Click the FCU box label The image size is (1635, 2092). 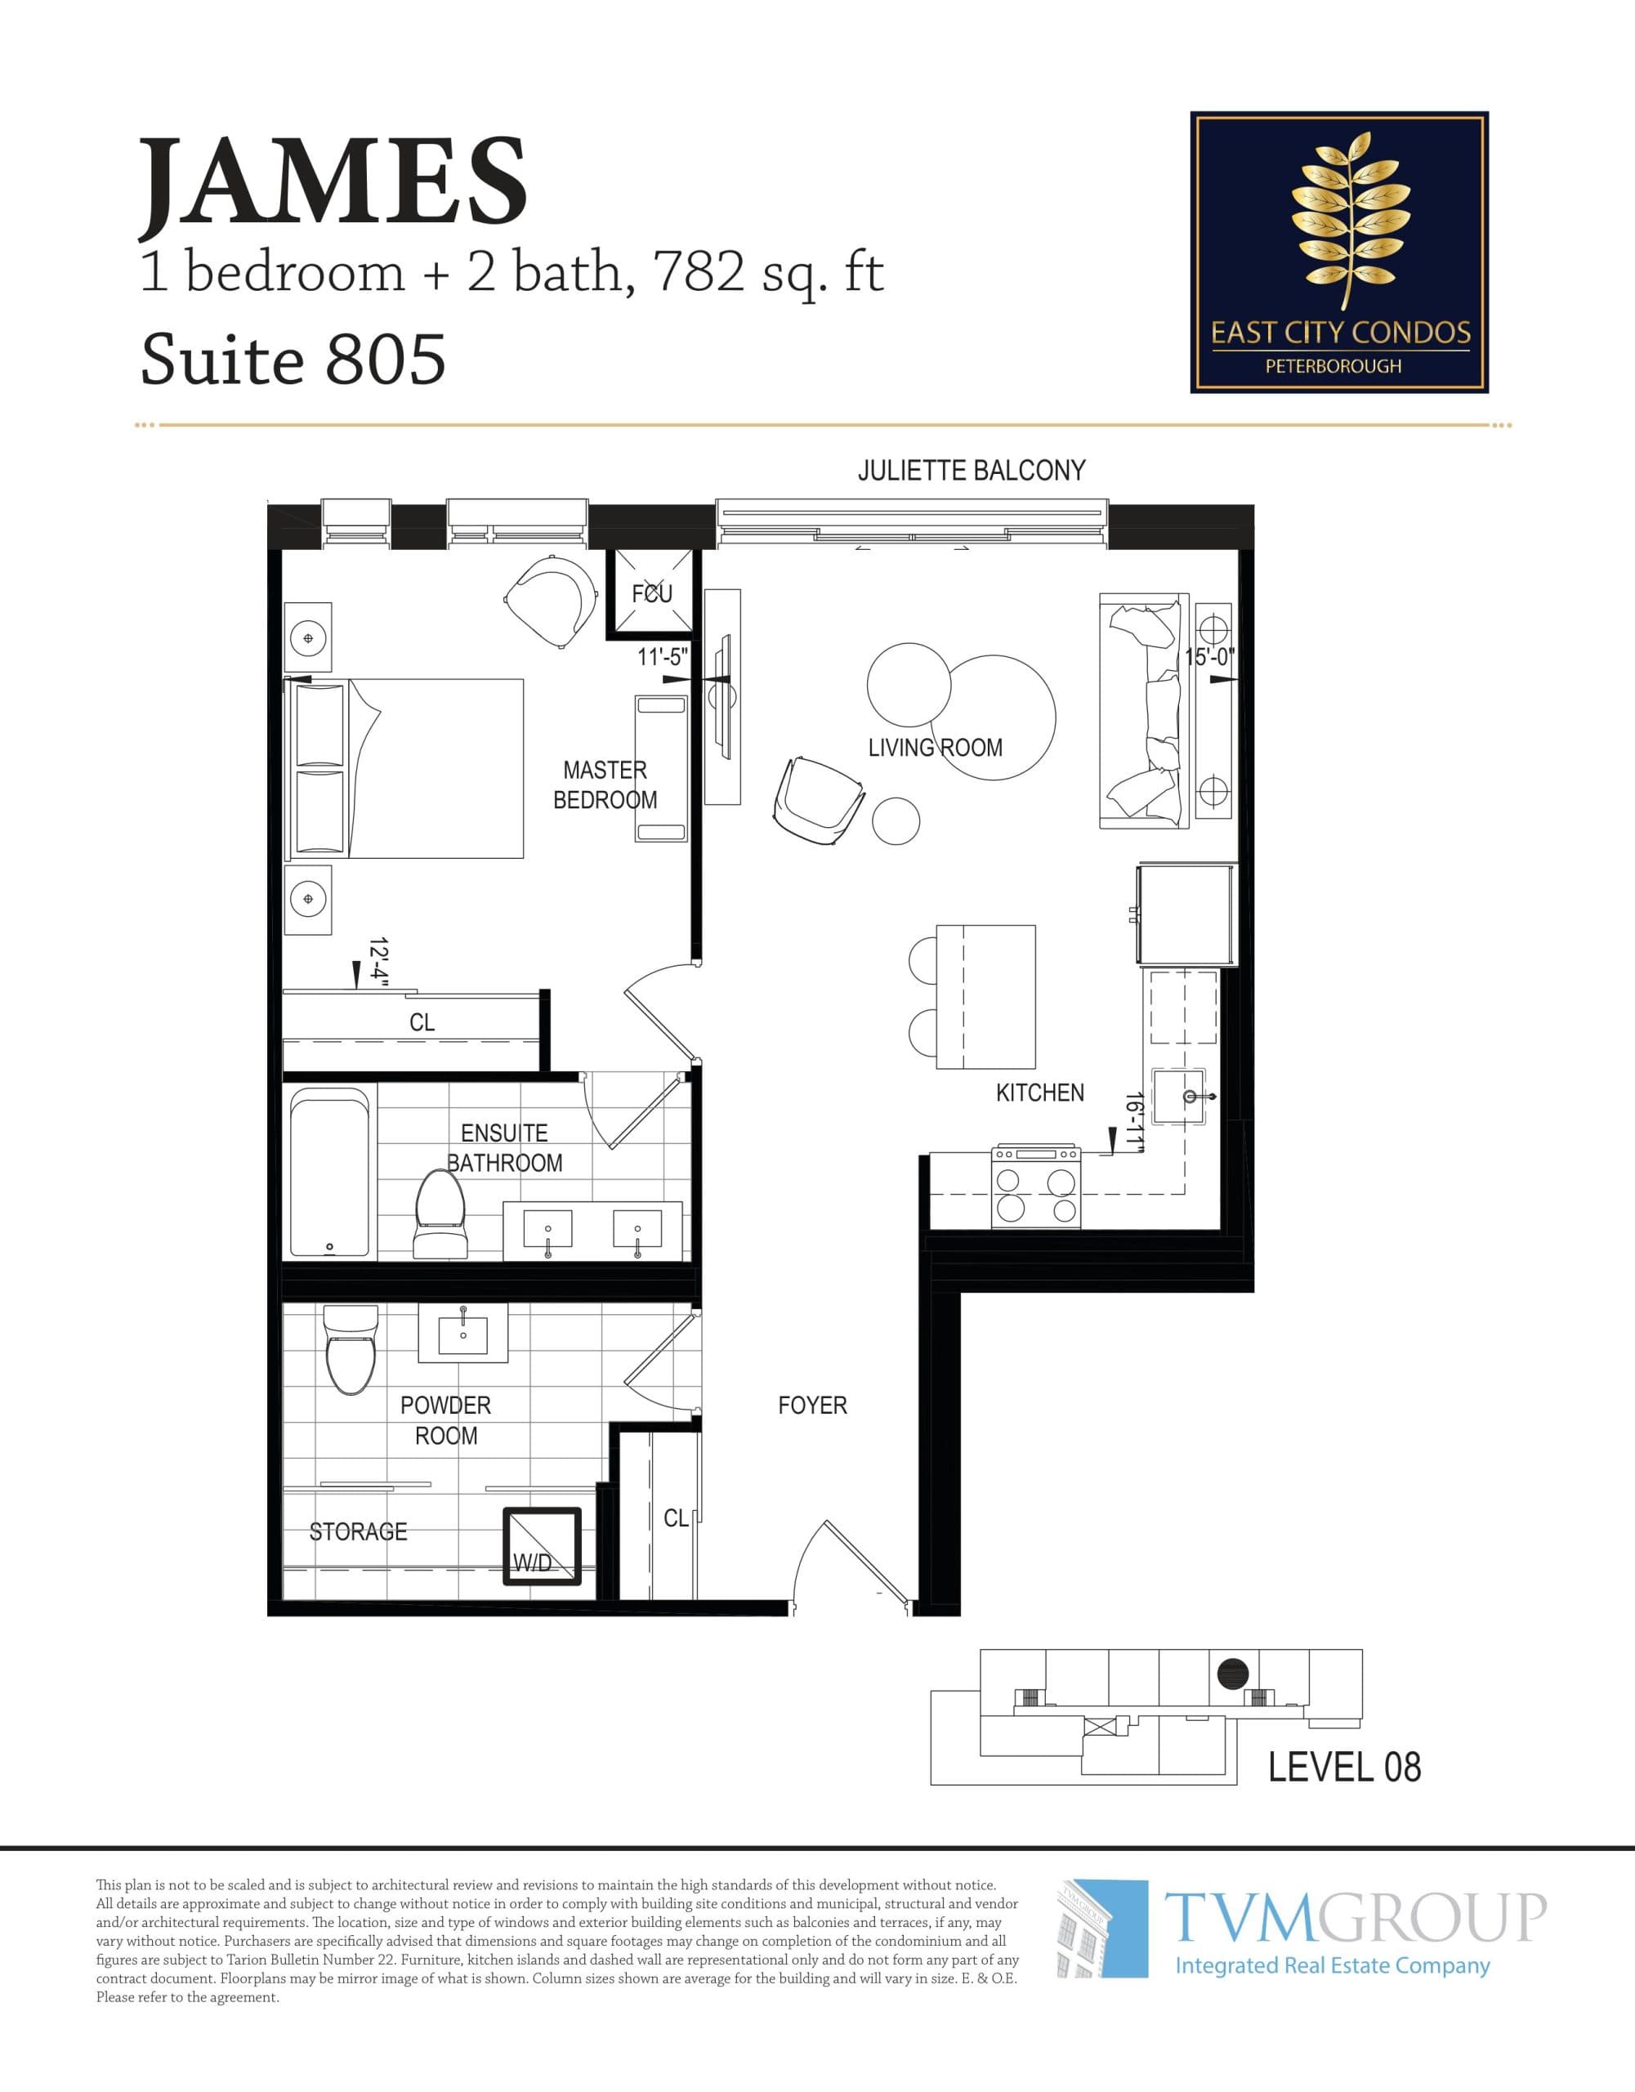[651, 593]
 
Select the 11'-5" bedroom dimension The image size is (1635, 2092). [663, 657]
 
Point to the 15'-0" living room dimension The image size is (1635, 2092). [1210, 657]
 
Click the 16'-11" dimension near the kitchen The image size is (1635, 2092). [1136, 1120]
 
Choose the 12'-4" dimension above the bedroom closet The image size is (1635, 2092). [379, 963]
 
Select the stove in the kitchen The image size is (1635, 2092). [1036, 1186]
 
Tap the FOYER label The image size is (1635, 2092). [812, 1406]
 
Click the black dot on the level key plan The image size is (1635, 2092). [1233, 1674]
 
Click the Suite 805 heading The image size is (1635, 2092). [293, 360]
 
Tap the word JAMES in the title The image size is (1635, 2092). [333, 182]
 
